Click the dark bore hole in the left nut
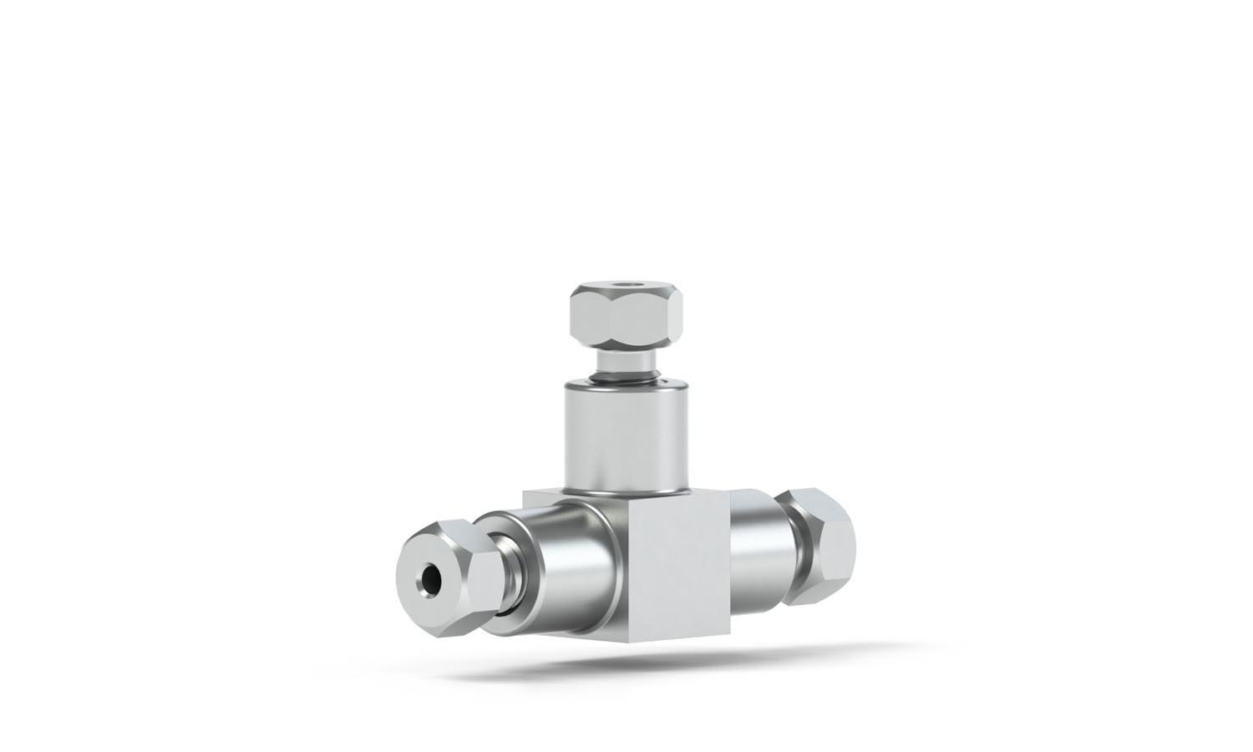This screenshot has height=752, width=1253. (432, 576)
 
